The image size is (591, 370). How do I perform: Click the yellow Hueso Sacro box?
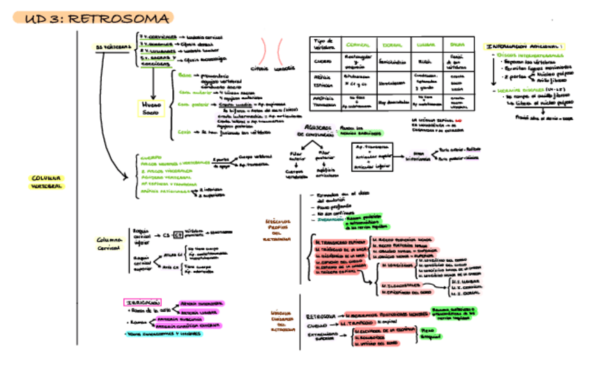pyautogui.click(x=153, y=108)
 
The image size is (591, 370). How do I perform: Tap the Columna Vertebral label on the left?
pyautogui.click(x=45, y=182)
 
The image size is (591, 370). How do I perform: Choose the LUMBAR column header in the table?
pyautogui.click(x=427, y=45)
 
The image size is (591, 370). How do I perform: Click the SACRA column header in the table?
pyautogui.click(x=458, y=45)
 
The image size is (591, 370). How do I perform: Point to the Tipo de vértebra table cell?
pyautogui.click(x=325, y=45)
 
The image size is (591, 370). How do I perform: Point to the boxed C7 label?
pyautogui.click(x=177, y=235)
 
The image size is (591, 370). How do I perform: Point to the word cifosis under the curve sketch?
pyautogui.click(x=259, y=68)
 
